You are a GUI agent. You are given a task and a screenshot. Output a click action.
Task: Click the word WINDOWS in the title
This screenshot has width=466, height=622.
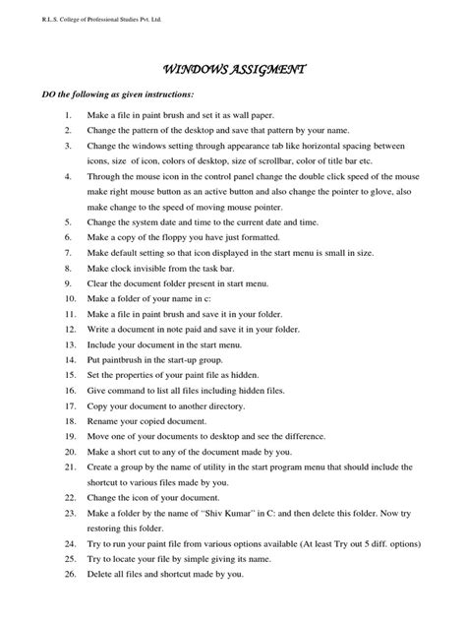pos(195,70)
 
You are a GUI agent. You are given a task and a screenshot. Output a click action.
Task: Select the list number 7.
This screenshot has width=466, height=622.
pos(68,252)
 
